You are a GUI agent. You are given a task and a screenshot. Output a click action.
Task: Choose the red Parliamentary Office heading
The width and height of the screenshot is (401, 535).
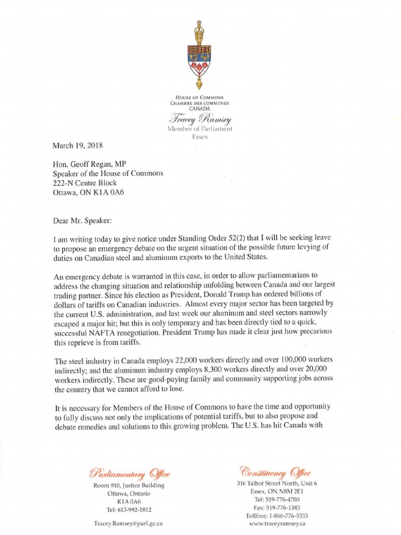pyautogui.click(x=129, y=474)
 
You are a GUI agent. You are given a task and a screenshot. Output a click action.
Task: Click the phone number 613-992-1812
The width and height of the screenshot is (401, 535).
pyautogui.click(x=135, y=509)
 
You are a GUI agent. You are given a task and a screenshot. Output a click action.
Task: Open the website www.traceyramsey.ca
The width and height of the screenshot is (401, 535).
pyautogui.click(x=277, y=523)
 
